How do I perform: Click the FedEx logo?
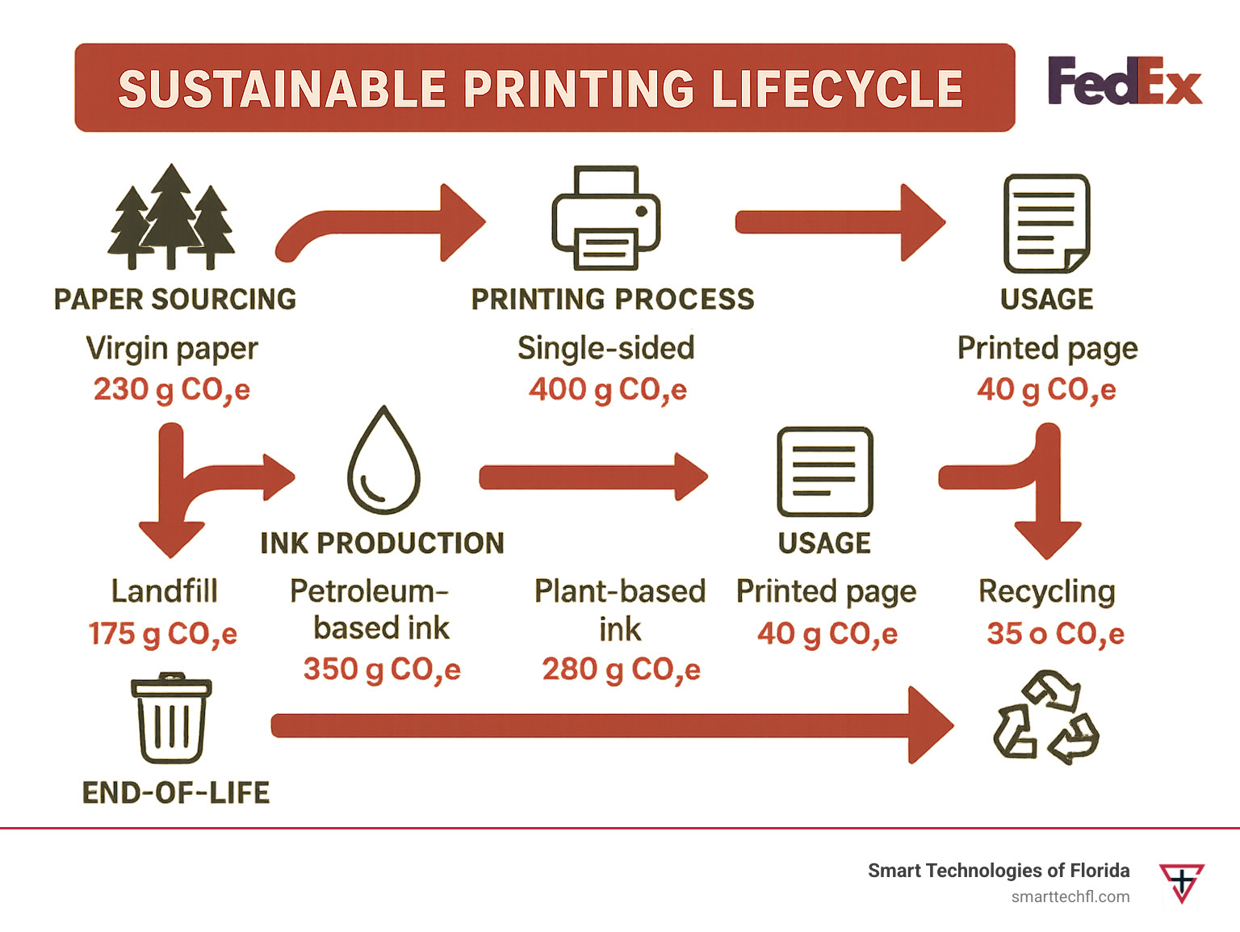(1124, 81)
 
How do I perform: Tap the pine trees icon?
(171, 216)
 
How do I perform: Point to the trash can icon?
(170, 718)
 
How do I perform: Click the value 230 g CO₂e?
(171, 389)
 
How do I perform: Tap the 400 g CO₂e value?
(607, 389)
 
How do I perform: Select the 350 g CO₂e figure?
(381, 669)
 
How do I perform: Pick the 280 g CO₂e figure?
(620, 669)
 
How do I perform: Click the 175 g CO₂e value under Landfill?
(162, 633)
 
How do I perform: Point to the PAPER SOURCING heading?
(174, 299)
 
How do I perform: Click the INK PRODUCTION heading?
(382, 543)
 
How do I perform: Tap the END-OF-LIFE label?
(176, 792)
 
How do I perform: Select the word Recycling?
(1046, 591)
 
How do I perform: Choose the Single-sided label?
(605, 347)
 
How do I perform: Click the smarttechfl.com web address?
(1070, 896)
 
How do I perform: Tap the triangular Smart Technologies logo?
(1181, 882)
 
